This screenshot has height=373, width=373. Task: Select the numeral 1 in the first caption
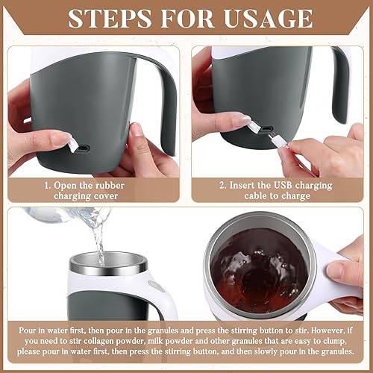[46, 181]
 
